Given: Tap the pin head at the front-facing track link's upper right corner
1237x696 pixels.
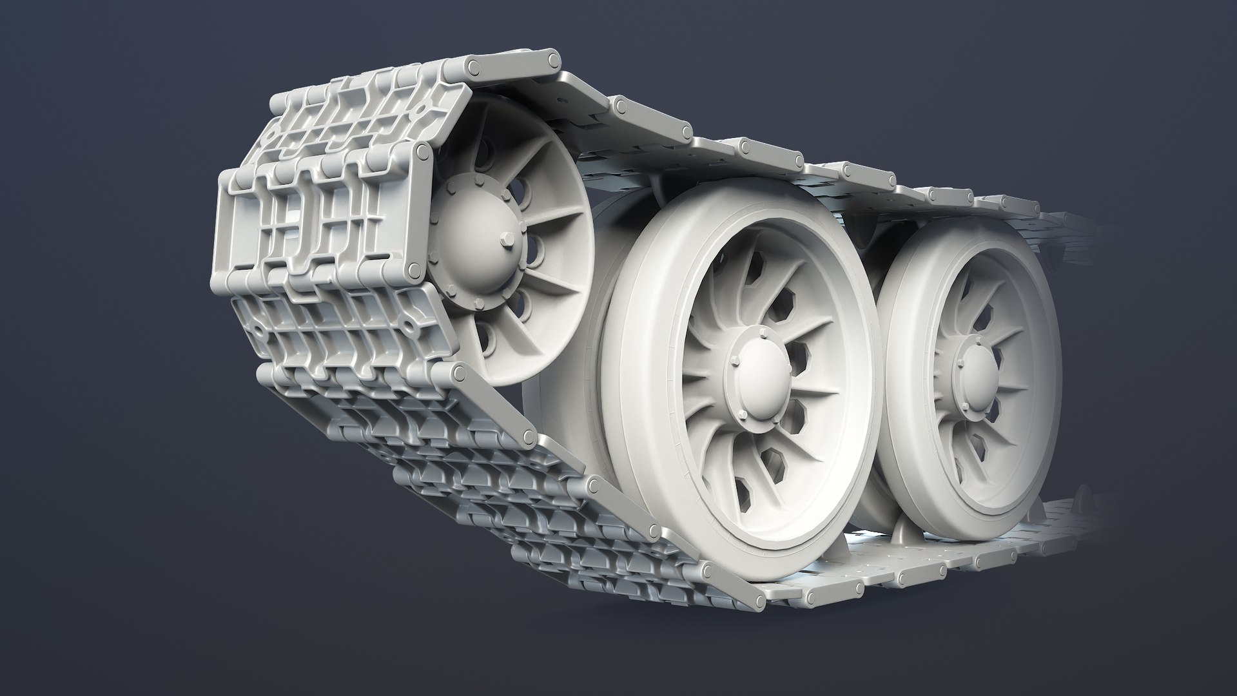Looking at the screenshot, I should [423, 153].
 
